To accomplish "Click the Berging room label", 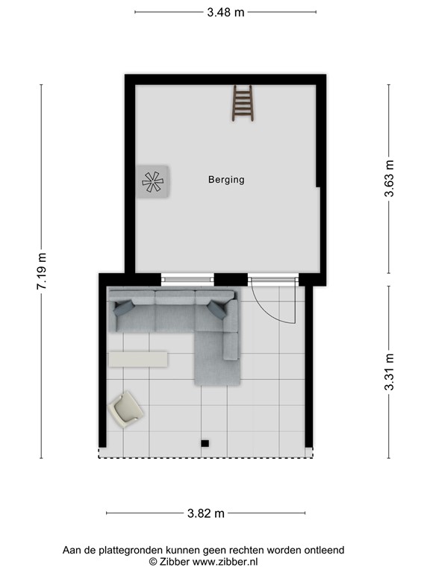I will click(226, 180).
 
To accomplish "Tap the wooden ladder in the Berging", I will click(243, 103).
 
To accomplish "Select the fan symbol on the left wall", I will click(153, 181).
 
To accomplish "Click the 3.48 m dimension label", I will click(225, 12).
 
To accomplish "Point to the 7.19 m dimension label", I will click(42, 272).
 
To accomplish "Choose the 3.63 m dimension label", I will click(389, 178).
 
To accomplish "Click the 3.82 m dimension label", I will click(206, 513).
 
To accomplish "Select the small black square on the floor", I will click(204, 444).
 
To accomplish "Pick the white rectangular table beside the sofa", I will click(138, 359).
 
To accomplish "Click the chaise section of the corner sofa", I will click(217, 359).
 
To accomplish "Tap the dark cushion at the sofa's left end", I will click(122, 307).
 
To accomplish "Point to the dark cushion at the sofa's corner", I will click(217, 309).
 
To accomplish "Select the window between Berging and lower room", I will click(187, 280).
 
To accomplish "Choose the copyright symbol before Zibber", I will click(152, 561).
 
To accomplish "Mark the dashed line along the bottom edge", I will click(205, 457).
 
